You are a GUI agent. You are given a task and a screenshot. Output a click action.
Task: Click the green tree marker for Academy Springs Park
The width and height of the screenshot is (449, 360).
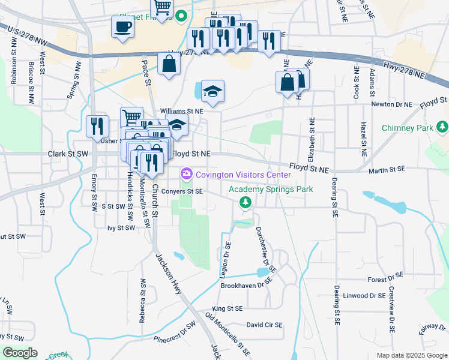245,203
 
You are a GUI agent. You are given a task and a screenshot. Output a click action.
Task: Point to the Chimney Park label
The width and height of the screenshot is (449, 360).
408,128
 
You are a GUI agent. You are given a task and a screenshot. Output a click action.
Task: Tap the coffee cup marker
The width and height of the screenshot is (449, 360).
122,27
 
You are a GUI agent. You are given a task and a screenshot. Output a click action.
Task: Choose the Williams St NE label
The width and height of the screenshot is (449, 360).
182,111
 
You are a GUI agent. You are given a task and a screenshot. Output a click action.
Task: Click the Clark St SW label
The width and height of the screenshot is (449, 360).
68,154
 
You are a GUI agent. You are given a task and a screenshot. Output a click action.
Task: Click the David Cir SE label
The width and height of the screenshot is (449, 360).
264,325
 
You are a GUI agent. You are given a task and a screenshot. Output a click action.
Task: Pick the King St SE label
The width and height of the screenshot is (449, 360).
226,308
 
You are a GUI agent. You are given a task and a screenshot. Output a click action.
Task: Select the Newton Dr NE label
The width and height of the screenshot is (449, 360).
392,104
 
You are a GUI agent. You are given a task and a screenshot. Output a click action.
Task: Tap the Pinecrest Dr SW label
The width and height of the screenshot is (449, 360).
175,334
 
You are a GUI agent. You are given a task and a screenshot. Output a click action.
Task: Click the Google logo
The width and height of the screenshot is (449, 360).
20,353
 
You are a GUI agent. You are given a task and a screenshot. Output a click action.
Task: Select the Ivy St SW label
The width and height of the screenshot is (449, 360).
121,228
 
